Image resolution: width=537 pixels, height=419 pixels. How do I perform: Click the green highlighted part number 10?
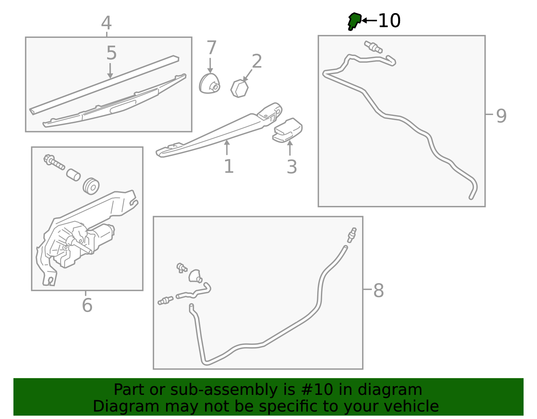[x=354, y=21]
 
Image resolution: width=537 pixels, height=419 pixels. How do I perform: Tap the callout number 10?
[x=389, y=21]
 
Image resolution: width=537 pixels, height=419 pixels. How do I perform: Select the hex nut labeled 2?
[x=240, y=89]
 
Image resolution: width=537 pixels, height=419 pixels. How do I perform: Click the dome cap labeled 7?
[x=209, y=84]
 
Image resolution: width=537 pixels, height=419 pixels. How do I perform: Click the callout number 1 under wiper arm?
[x=229, y=166]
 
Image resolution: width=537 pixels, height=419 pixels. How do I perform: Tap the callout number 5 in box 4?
[x=111, y=53]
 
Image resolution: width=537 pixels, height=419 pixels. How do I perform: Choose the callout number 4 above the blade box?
[x=106, y=23]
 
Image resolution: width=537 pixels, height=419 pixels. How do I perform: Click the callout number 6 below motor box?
[x=87, y=305]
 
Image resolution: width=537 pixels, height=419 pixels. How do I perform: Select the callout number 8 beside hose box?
[x=378, y=291]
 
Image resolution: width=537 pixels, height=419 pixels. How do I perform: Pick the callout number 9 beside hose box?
[x=501, y=116]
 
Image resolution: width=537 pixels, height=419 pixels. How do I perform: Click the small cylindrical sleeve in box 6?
[x=73, y=174]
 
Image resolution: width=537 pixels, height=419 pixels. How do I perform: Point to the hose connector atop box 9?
[x=373, y=47]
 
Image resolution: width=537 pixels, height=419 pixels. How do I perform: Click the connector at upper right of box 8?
[x=352, y=235]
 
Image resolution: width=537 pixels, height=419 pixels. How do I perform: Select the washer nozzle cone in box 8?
[x=195, y=276]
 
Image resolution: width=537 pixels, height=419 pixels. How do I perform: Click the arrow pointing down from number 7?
[x=210, y=65]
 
